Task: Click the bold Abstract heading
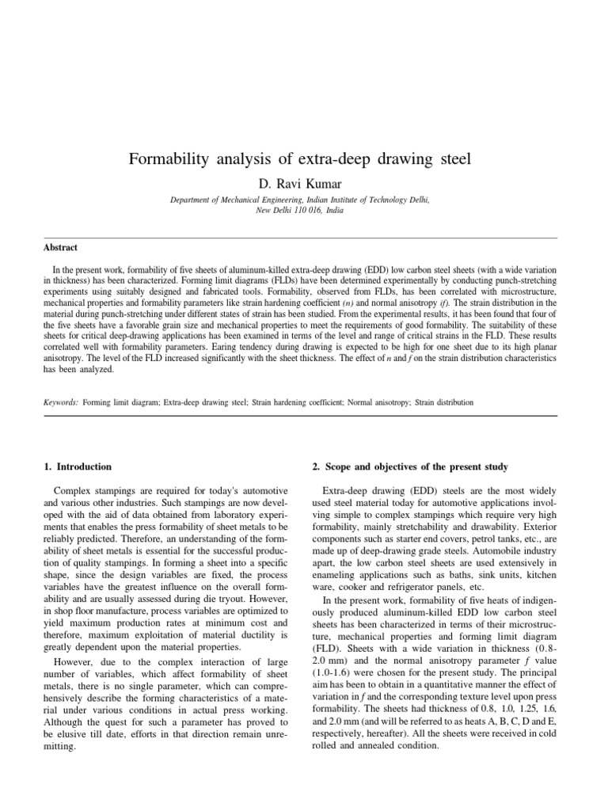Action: [x=61, y=247]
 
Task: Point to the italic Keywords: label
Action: [x=61, y=402]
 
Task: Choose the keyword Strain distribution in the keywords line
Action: [x=444, y=402]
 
